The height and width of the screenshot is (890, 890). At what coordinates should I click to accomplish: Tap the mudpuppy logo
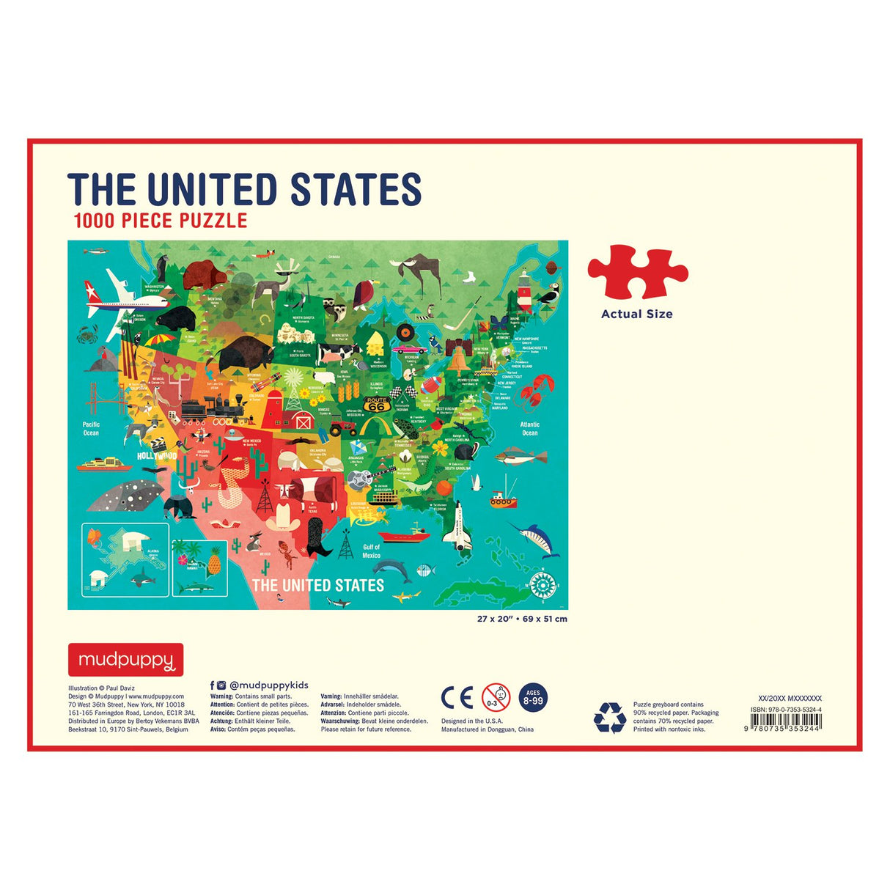point(125,660)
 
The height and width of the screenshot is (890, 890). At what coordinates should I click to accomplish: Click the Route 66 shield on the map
point(376,404)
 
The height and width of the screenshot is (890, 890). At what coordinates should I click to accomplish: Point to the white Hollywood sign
point(157,456)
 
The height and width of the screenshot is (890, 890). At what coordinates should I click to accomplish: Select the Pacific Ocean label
point(91,429)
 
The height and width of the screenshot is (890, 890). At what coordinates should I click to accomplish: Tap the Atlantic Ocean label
point(529,429)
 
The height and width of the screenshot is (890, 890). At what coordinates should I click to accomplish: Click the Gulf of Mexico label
point(372,551)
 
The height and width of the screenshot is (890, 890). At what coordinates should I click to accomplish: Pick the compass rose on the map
point(543,585)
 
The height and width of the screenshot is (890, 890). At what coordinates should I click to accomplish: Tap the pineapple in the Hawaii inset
point(214,562)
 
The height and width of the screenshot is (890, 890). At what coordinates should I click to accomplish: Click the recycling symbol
point(609,718)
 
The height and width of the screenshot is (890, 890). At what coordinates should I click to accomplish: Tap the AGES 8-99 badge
point(533,697)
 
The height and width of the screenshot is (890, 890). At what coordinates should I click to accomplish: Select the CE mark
point(457,698)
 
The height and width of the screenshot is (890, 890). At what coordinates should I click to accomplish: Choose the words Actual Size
point(636,314)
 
